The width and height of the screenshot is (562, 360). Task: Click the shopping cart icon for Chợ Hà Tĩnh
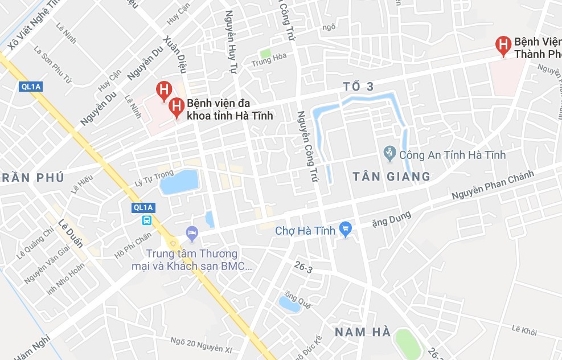point(345,230)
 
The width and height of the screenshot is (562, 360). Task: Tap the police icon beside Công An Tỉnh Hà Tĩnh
point(389,153)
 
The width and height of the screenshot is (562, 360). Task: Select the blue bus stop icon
point(146,220)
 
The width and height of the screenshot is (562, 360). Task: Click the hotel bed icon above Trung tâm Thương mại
point(192,232)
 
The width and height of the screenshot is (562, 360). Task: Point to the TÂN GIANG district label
point(391,177)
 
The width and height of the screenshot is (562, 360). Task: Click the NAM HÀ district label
point(363,332)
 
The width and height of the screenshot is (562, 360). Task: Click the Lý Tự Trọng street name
point(153,177)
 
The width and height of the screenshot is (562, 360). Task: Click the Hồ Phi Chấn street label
point(133,245)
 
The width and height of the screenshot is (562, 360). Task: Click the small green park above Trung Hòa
point(265,54)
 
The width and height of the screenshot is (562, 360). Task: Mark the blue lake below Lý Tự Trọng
point(179,182)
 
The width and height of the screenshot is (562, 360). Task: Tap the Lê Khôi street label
point(524,329)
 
